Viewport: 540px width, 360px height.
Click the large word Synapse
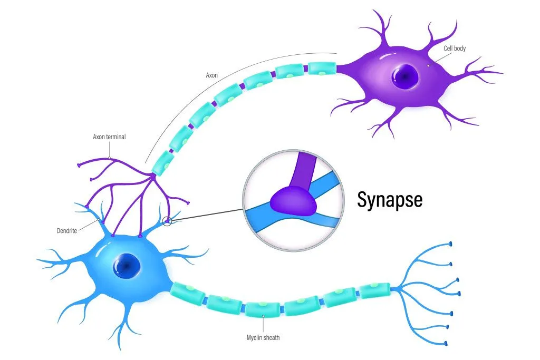(390, 200)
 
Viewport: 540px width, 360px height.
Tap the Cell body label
(454, 48)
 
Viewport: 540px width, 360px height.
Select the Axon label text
(211, 75)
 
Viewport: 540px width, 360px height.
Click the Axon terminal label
(109, 137)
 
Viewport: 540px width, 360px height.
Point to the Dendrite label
(68, 230)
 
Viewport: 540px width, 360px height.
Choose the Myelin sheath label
(263, 337)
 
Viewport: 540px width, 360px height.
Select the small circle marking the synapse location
(167, 222)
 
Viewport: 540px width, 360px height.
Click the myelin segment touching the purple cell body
(322, 68)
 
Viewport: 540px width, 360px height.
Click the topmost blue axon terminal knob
(450, 244)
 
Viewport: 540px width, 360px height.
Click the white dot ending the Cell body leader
(429, 65)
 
